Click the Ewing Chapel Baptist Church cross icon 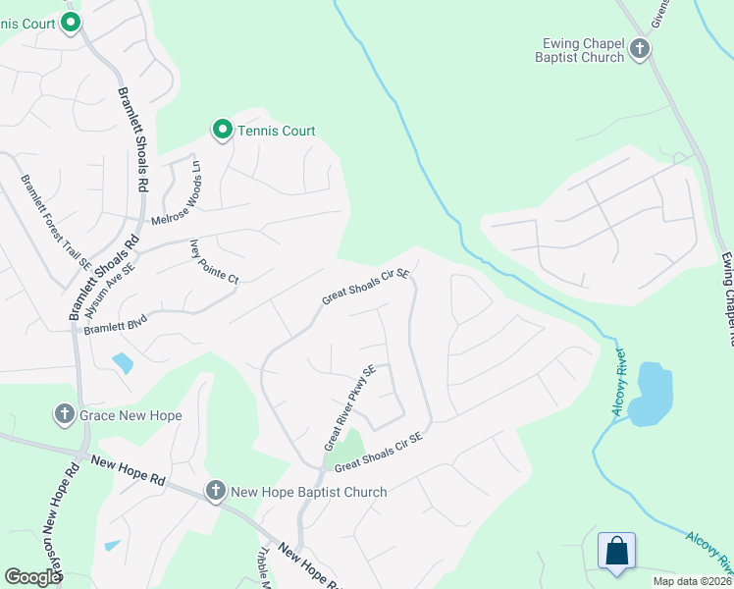tap(640, 48)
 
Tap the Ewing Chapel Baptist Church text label tap(583, 50)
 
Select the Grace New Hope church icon tap(65, 414)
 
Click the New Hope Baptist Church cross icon tap(216, 490)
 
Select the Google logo tap(32, 577)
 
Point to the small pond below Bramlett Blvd tap(123, 363)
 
